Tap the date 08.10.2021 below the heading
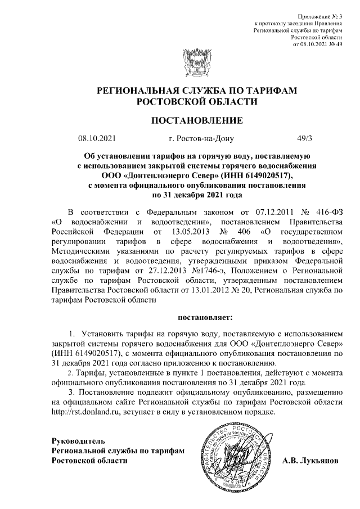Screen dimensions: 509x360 96,138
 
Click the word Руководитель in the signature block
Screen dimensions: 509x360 77,439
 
